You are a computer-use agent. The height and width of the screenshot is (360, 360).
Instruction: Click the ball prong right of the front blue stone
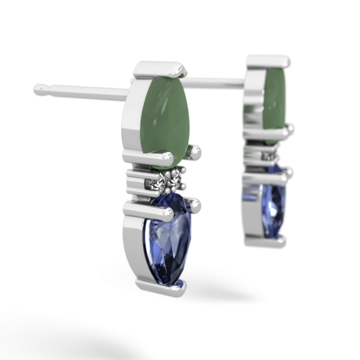point(197,205)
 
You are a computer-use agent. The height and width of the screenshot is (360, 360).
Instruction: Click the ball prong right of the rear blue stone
point(290,174)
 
